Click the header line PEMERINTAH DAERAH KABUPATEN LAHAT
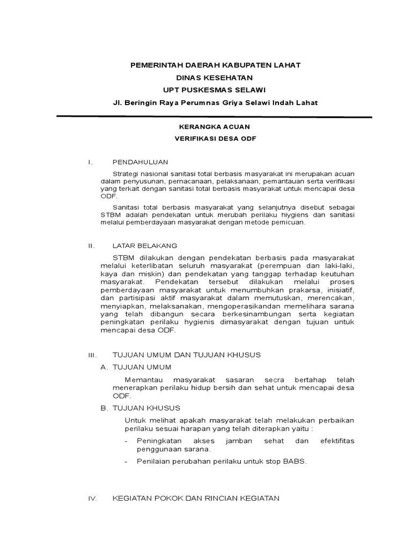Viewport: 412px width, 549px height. click(216, 65)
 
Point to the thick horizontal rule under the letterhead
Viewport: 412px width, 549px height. click(214, 116)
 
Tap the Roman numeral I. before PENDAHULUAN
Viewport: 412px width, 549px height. click(91, 161)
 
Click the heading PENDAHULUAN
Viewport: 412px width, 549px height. click(141, 161)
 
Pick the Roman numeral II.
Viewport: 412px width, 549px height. click(91, 246)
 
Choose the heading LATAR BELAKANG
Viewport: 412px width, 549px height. click(145, 246)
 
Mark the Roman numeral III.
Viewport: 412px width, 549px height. click(92, 355)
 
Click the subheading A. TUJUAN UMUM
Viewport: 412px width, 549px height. click(136, 367)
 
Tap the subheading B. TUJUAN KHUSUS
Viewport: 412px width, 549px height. click(141, 408)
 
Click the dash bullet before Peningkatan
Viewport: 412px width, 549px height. click(126, 441)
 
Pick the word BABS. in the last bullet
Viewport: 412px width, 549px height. click(294, 461)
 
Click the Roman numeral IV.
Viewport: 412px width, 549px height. click(92, 498)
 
